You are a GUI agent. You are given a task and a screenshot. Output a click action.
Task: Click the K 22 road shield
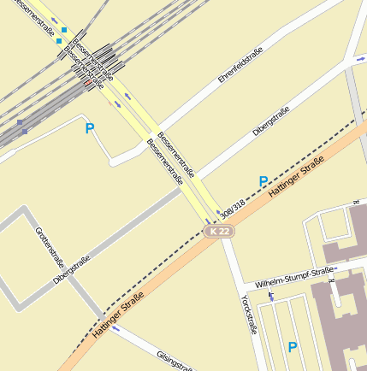(x=220, y=232)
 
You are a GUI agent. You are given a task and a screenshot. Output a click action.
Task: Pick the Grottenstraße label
(x=50, y=249)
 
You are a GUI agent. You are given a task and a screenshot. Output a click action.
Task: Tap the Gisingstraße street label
(x=175, y=360)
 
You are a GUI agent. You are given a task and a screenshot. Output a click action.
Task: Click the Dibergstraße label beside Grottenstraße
(x=71, y=268)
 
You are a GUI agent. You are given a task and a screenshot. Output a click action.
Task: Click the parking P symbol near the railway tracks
(x=90, y=129)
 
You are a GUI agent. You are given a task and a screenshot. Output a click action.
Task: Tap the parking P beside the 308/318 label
(x=263, y=181)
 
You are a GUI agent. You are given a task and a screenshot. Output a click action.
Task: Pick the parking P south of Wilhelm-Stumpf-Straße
(x=293, y=347)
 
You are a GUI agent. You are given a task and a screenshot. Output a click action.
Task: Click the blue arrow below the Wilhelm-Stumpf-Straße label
(x=271, y=297)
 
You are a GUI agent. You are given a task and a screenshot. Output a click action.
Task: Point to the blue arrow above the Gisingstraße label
(x=115, y=327)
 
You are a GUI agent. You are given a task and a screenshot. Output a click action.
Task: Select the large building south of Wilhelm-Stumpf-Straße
(x=338, y=321)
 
